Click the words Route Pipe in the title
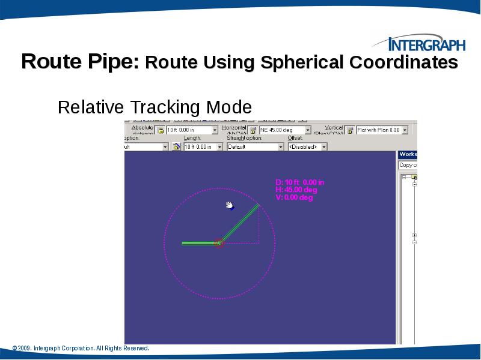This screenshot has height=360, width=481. (x=80, y=62)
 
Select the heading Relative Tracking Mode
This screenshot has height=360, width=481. (x=155, y=107)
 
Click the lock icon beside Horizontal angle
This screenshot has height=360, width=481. (x=253, y=130)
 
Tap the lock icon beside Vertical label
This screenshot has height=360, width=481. (x=349, y=130)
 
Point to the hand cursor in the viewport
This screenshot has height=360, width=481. (x=230, y=206)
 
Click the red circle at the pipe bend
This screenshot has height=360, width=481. (x=219, y=243)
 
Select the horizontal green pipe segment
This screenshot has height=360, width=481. (x=198, y=243)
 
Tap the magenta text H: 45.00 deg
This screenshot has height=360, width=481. (x=296, y=190)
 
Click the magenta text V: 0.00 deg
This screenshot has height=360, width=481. (x=294, y=197)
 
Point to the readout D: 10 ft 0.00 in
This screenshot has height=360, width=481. (x=300, y=182)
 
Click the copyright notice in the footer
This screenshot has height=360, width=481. (x=81, y=349)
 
